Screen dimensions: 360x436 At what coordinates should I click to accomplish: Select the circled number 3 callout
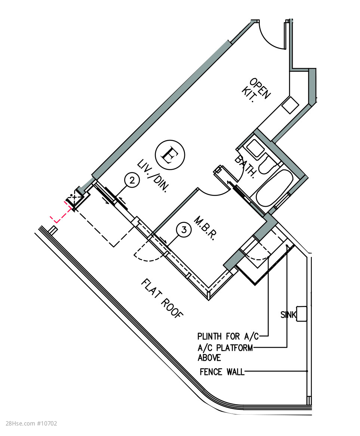(x=184, y=230)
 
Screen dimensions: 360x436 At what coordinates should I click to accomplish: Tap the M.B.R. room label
(x=205, y=228)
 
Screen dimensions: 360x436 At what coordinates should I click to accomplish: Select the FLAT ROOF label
(x=162, y=299)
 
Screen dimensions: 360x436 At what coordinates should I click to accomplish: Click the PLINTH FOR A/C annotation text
(x=228, y=337)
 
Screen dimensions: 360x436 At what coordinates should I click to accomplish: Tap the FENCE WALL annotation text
(x=222, y=372)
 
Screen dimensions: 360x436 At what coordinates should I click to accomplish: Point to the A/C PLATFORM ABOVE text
(x=225, y=353)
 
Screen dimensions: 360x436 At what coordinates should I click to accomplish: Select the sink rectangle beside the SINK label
(x=302, y=314)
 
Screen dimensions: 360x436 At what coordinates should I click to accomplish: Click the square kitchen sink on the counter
(x=290, y=105)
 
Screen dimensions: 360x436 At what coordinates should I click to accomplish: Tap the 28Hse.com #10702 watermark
(x=31, y=424)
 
